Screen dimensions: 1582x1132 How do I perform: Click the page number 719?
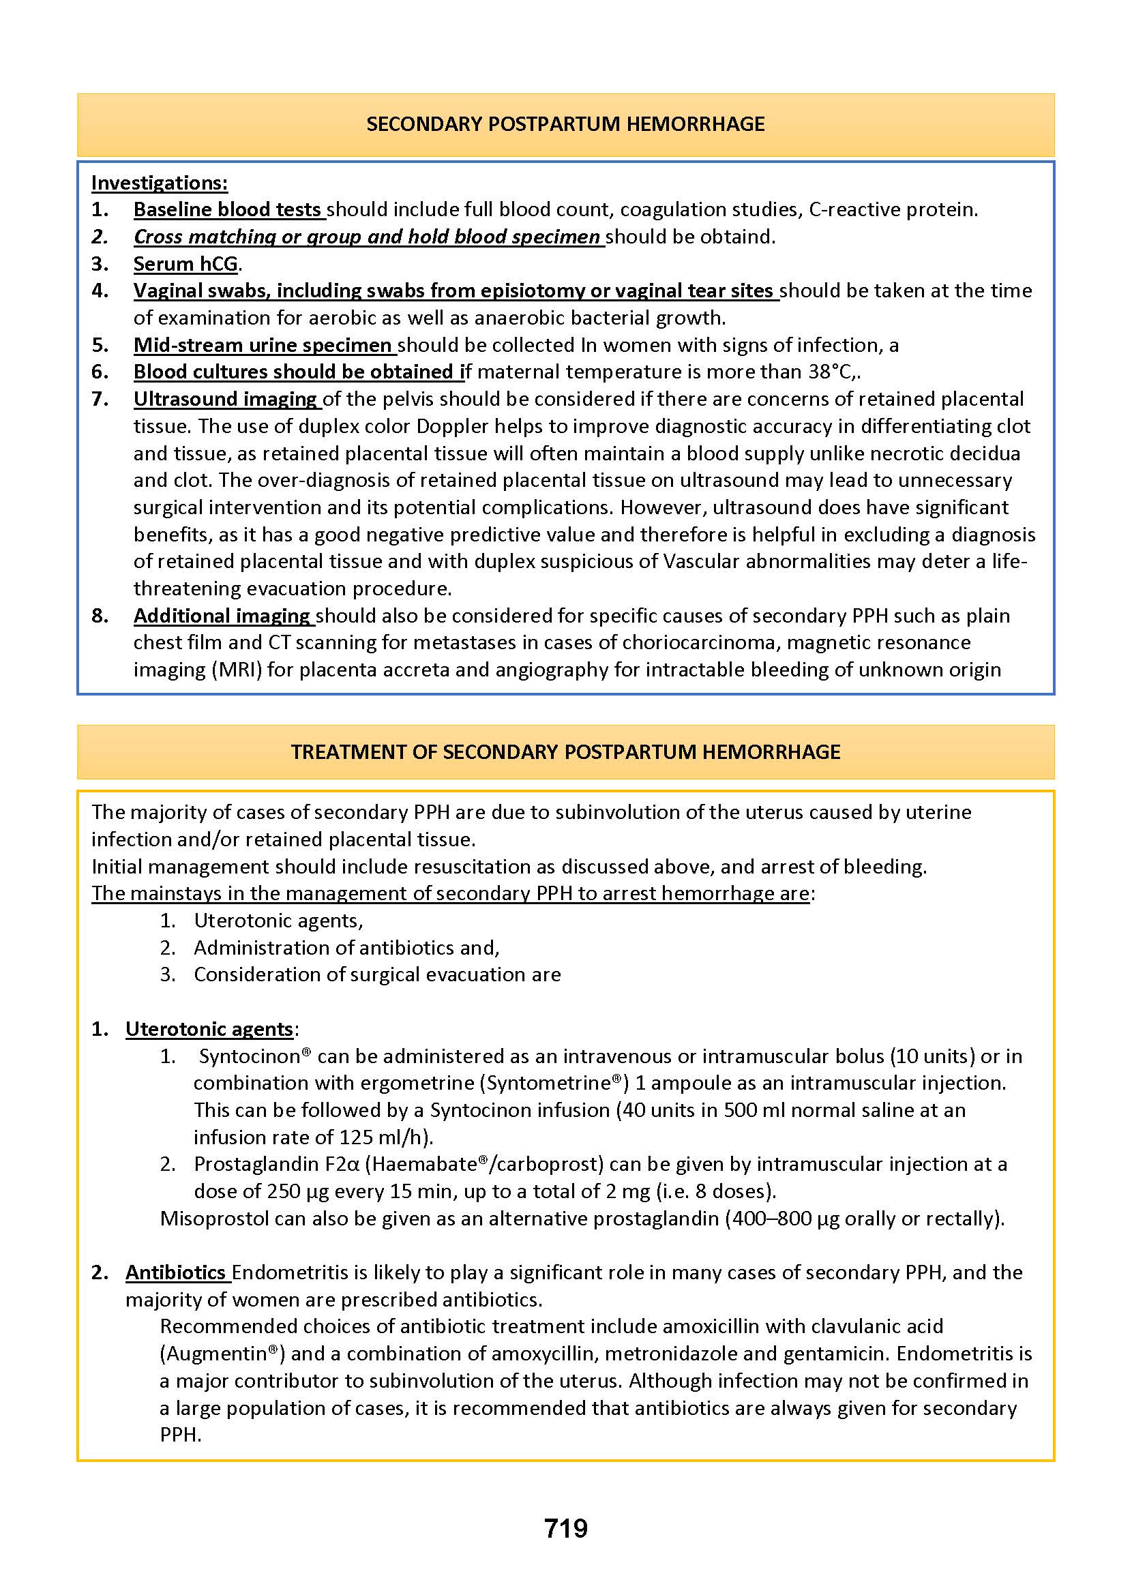(x=565, y=1528)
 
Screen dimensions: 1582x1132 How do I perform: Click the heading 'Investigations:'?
(x=159, y=183)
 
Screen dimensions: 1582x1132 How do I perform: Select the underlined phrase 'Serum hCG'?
(x=185, y=264)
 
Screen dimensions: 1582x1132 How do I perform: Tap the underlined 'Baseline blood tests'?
(x=227, y=210)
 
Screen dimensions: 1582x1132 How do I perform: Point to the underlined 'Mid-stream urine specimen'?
(x=263, y=345)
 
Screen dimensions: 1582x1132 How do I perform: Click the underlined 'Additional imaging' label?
(x=222, y=616)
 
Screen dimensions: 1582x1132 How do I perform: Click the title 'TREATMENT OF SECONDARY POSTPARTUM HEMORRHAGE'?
(x=565, y=752)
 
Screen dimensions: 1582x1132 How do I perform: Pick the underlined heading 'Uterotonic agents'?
(x=209, y=1030)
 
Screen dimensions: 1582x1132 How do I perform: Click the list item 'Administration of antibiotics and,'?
(x=346, y=948)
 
